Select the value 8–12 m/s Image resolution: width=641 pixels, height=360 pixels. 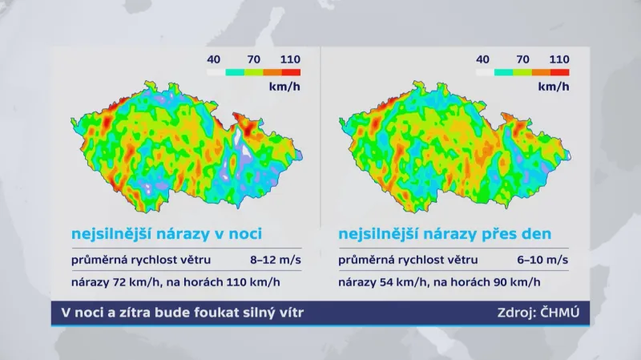[x=274, y=260]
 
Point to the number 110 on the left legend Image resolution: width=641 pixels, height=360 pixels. [x=291, y=59]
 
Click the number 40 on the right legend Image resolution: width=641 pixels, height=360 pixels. [x=482, y=59]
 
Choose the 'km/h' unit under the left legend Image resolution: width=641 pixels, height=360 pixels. [x=280, y=86]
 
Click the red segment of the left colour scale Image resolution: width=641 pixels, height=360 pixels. [x=291, y=72]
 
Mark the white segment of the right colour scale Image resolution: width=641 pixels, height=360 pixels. [x=485, y=72]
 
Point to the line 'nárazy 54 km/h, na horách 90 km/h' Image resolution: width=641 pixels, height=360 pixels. [x=439, y=282]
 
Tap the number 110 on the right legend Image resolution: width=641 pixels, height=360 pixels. [x=559, y=59]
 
